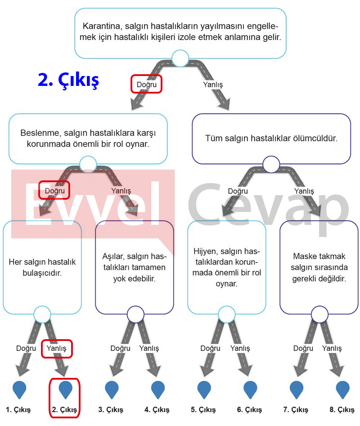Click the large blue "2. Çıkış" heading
[68, 81]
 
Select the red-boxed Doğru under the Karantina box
[146, 85]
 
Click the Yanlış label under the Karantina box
[213, 85]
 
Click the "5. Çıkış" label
[203, 409]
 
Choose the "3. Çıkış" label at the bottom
[111, 409]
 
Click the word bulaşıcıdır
[42, 273]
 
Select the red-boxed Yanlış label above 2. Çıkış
[56, 348]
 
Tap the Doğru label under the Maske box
[303, 348]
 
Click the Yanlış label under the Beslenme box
[121, 191]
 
